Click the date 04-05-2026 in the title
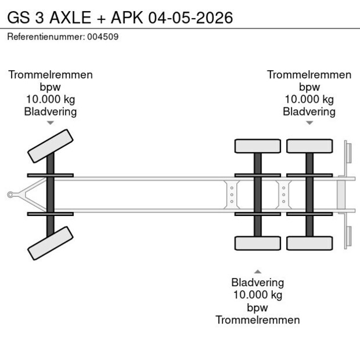[x=190, y=17]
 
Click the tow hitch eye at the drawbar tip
[x=10, y=195]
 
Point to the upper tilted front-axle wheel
[x=51, y=145]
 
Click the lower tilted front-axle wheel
[x=51, y=243]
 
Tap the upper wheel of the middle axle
[x=257, y=146]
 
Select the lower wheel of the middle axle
[x=257, y=243]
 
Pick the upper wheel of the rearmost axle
[x=309, y=146]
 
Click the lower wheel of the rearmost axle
[x=309, y=243]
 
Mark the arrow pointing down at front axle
[x=51, y=123]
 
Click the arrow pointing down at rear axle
[x=309, y=123]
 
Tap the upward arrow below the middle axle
[x=257, y=271]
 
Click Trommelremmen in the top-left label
[x=51, y=75]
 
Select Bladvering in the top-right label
[x=309, y=111]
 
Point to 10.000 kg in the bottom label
[x=257, y=295]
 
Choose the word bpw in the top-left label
[x=51, y=87]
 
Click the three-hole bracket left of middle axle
[x=232, y=195]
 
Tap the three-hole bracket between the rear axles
[x=283, y=195]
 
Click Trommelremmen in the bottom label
[x=257, y=320]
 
